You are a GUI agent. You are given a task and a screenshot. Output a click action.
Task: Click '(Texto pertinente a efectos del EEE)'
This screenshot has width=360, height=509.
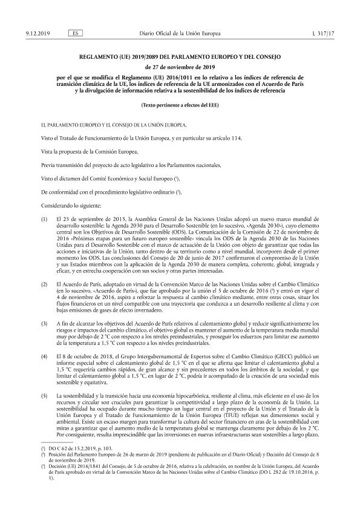tap(180, 105)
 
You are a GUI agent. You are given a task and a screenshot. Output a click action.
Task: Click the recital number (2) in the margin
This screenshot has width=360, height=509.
tap(43, 283)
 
